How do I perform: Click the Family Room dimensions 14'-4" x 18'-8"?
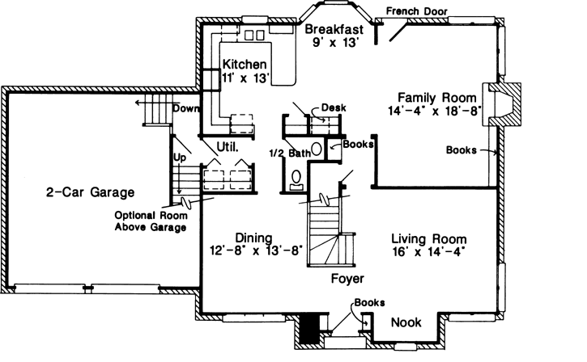pos(434,110)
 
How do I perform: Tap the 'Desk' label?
pos(334,107)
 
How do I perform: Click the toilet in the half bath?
pos(296,178)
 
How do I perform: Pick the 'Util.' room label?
pos(227,147)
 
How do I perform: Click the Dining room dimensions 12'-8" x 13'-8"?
pos(256,250)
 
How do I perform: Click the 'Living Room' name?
pos(428,238)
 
